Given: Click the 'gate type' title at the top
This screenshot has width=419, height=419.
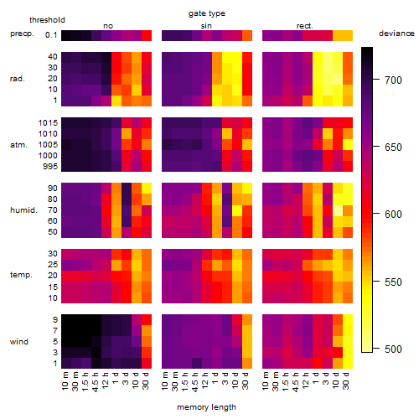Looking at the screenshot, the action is click(207, 13).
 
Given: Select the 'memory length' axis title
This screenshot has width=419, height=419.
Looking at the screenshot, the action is click(206, 407).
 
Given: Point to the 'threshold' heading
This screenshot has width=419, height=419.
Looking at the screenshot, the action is click(47, 20).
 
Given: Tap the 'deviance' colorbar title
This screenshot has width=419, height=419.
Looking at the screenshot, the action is click(396, 34).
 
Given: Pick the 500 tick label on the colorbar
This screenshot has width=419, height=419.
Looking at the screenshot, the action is click(393, 349).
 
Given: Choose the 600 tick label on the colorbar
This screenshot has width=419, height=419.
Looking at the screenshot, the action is click(393, 215).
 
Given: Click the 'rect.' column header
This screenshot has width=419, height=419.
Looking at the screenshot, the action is click(304, 26).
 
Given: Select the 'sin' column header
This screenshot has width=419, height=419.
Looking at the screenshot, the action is click(206, 26).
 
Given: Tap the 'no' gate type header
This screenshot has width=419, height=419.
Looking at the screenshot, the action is click(108, 26).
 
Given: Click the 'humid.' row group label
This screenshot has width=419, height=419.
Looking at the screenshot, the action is click(23, 210).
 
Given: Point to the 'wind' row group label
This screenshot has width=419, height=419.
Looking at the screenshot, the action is click(19, 342).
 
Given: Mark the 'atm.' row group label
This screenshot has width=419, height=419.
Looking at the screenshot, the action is click(18, 145).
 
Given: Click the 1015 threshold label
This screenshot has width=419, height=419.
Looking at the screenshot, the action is click(48, 123).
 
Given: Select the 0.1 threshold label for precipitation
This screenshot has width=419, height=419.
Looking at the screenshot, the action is click(51, 35).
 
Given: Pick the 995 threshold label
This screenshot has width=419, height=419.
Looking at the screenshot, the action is click(50, 167).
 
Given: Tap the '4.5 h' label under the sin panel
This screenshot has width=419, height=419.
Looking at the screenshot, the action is click(195, 381).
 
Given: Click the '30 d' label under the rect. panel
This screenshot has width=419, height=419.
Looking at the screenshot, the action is click(346, 380).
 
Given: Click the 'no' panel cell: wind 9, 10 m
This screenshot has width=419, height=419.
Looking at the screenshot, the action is click(66, 320).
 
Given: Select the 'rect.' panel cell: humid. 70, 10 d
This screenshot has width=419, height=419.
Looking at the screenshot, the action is click(338, 210).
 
